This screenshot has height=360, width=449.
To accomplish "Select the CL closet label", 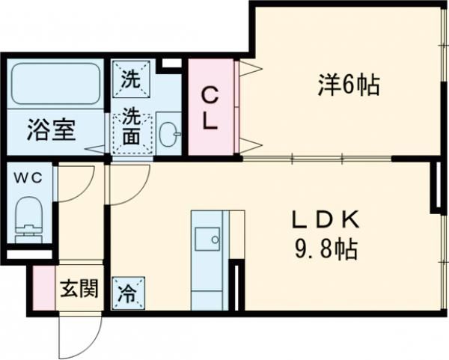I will [x=211, y=109].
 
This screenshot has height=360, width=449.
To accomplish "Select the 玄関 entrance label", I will [x=79, y=288].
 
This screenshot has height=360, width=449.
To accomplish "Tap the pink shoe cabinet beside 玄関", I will [x=43, y=288].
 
